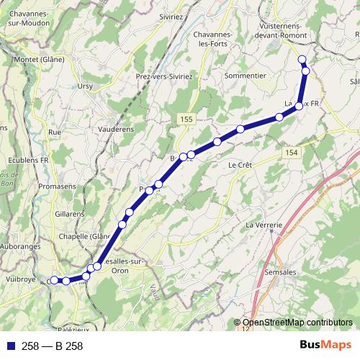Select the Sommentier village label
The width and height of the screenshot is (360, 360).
(225, 73)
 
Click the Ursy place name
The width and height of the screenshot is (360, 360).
(85, 86)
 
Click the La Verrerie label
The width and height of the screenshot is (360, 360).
(264, 225)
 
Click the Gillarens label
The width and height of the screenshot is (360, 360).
(70, 214)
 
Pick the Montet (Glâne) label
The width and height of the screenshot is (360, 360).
(39, 59)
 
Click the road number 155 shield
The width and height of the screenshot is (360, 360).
(186, 117)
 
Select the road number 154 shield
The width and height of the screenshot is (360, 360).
(290, 153)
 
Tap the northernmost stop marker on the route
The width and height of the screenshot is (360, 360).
(302, 59)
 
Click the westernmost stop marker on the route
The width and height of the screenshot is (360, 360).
(54, 280)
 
